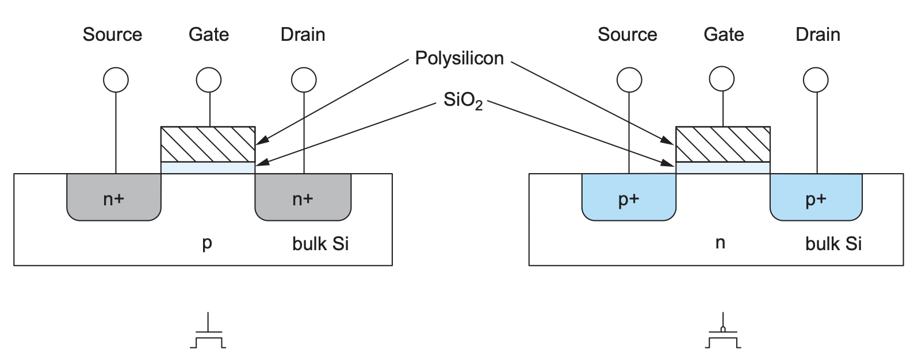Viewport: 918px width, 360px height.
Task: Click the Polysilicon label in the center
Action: [459, 58]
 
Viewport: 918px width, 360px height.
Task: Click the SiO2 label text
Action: [462, 101]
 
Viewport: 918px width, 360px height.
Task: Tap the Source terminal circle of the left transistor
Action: [116, 81]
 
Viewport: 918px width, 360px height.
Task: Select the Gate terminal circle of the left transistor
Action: [209, 81]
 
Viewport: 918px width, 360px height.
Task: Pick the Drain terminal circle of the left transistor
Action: [304, 81]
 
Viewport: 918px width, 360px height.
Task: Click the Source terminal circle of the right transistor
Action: [629, 81]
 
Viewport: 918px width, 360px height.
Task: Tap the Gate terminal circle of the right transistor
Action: [722, 80]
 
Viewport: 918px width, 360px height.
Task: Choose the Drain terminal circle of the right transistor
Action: [817, 80]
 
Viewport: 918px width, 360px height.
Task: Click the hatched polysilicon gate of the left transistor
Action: [208, 144]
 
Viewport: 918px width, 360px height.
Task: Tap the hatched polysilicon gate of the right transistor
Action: [722, 144]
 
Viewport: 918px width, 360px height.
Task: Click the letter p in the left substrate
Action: [207, 244]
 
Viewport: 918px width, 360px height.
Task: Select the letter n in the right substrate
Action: [720, 243]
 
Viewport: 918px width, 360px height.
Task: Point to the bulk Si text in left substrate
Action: [320, 244]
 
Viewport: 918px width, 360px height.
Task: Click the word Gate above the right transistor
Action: [724, 35]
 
